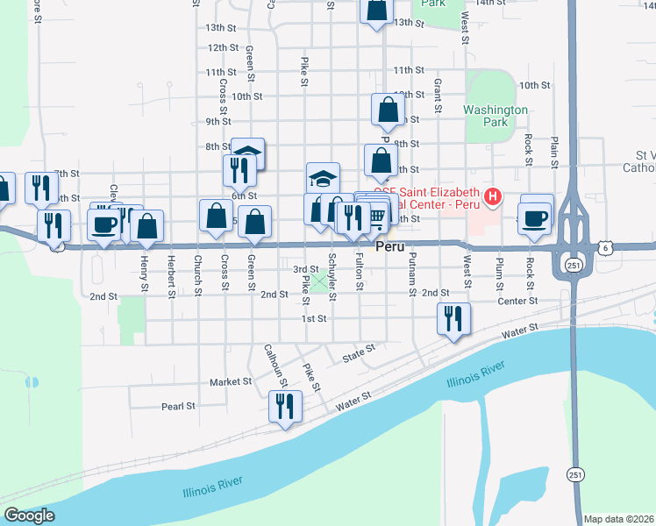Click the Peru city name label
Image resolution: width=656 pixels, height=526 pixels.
(x=389, y=248)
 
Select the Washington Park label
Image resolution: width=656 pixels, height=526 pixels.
(x=496, y=116)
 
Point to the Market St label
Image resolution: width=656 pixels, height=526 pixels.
(x=231, y=382)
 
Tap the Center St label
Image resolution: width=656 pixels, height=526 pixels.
(x=517, y=301)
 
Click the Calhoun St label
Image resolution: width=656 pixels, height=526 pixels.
(x=275, y=364)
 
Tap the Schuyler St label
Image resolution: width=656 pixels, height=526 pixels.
(x=332, y=275)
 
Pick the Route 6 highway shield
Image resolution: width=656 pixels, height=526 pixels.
(x=607, y=248)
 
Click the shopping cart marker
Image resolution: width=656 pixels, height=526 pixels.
(x=377, y=216)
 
